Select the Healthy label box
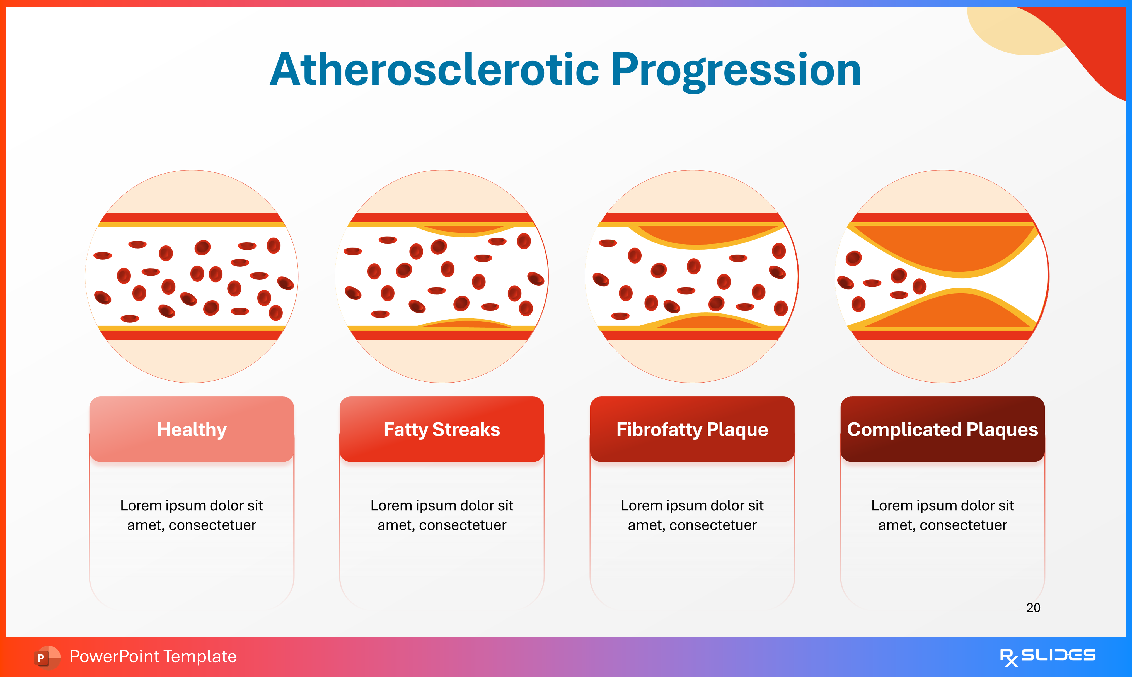192,429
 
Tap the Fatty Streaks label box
442,429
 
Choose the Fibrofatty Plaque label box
692,429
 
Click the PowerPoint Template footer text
153,656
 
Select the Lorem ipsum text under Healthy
192,515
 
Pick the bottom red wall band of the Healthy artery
192,335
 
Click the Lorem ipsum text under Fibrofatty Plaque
692,515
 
